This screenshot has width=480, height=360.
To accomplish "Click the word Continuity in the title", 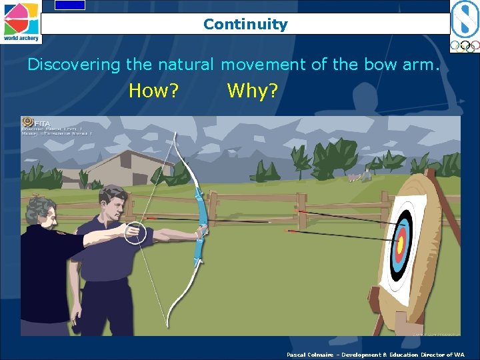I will pyautogui.click(x=245, y=25).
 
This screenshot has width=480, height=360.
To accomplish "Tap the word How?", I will pyautogui.click(x=153, y=91).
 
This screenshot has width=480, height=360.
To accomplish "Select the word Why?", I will pyautogui.click(x=252, y=91).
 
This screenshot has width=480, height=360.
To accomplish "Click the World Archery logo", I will pyautogui.click(x=21, y=21).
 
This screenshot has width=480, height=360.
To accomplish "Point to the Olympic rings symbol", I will pyautogui.click(x=464, y=46).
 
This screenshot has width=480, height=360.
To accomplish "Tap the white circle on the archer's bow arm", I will pyautogui.click(x=136, y=232).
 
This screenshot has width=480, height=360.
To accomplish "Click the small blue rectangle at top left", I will pyautogui.click(x=70, y=5).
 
